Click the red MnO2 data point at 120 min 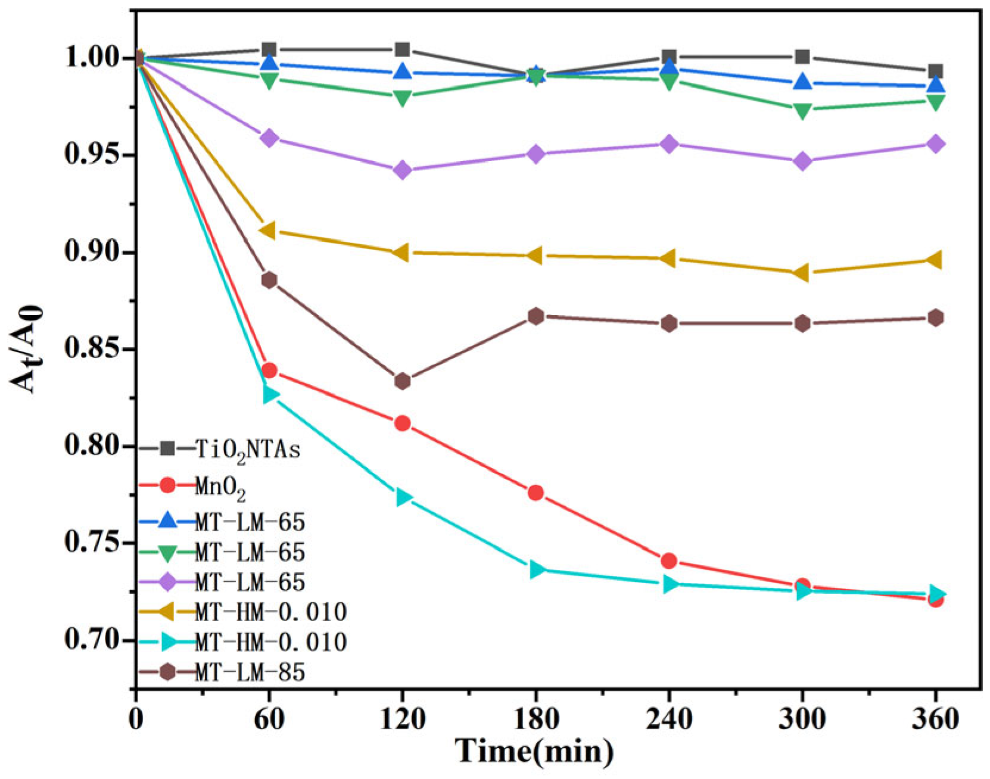[x=403, y=423]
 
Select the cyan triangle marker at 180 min [x=537, y=569]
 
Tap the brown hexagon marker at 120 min [x=403, y=381]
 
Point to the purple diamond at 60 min [x=269, y=138]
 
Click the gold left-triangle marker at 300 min [x=801, y=273]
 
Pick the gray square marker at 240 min [x=669, y=57]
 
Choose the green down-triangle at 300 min [x=802, y=110]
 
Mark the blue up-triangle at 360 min [x=936, y=85]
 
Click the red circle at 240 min [x=669, y=560]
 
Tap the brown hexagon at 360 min [x=936, y=317]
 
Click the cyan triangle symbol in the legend [x=168, y=642]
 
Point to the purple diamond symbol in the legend [x=168, y=582]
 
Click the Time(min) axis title [x=534, y=751]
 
